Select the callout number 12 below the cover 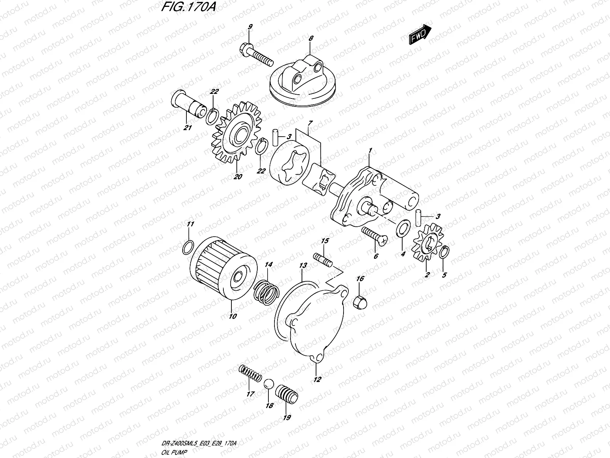click(x=317, y=379)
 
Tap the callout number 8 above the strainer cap click(x=311, y=38)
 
